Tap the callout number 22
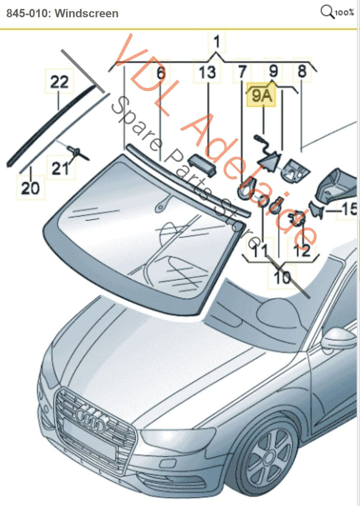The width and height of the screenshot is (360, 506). (x=59, y=82)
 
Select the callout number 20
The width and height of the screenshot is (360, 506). (x=30, y=188)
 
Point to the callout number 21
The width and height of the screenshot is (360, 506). (x=60, y=168)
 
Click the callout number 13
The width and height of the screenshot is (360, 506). (x=207, y=72)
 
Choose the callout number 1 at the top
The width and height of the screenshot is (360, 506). (x=216, y=42)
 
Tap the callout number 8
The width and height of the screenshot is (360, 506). (x=302, y=71)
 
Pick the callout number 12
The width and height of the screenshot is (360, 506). (x=302, y=250)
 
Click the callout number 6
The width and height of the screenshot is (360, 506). (x=161, y=73)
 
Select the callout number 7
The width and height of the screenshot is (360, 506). (x=242, y=72)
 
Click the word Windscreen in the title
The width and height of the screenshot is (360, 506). (x=86, y=14)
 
